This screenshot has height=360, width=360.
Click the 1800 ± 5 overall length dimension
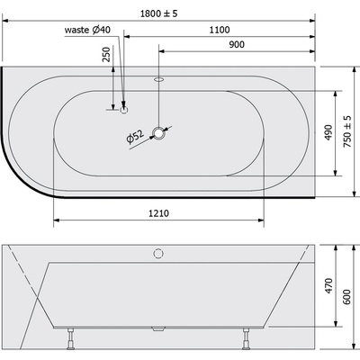pyautogui.click(x=159, y=13)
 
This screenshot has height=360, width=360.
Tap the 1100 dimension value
pyautogui.click(x=220, y=30)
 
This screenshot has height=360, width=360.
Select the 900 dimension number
pyautogui.click(x=237, y=44)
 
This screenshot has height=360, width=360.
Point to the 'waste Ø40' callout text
pyautogui.click(x=87, y=30)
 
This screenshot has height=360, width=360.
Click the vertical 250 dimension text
pyautogui.click(x=106, y=54)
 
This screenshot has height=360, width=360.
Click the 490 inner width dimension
pyautogui.click(x=328, y=132)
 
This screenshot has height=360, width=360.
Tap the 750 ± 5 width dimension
pyautogui.click(x=347, y=131)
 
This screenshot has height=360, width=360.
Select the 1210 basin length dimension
pyautogui.click(x=158, y=213)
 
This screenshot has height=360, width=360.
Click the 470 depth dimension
pyautogui.click(x=329, y=286)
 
